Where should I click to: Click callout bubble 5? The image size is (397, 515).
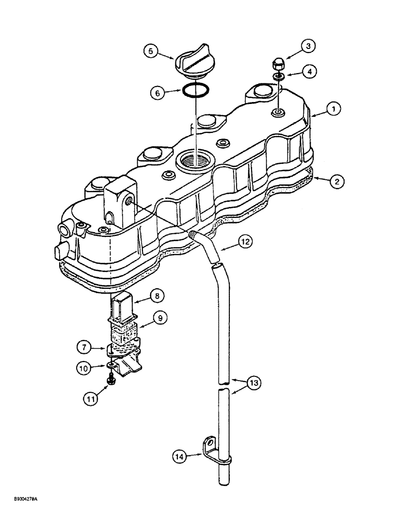(151, 51)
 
